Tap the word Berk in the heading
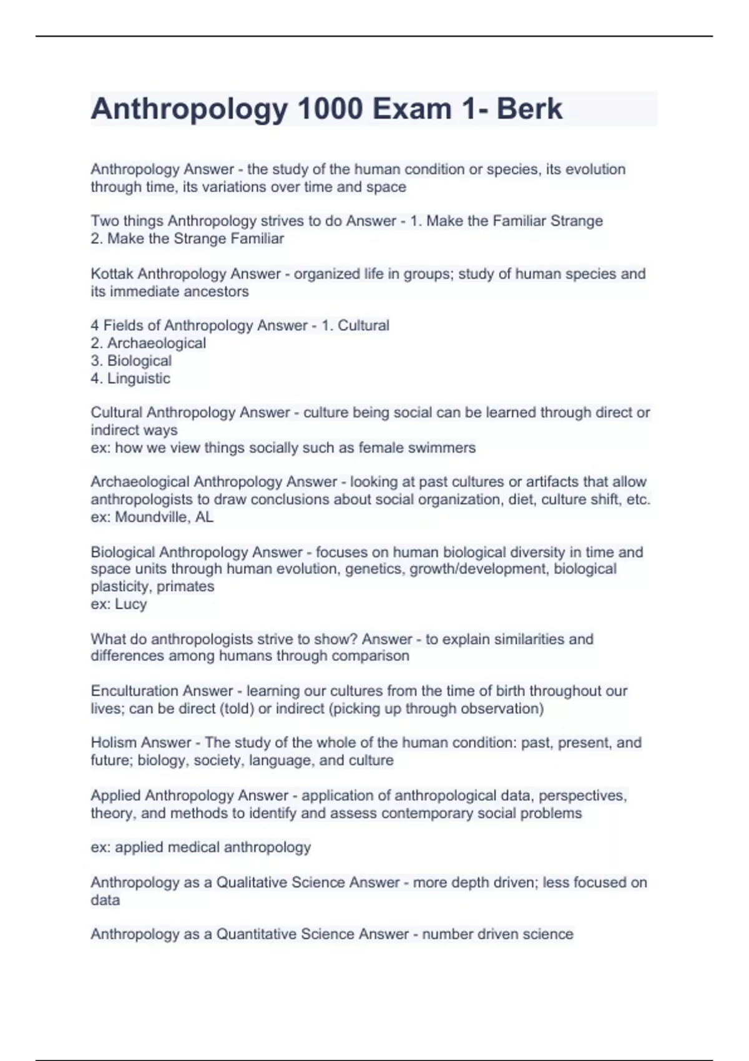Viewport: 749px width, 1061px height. pyautogui.click(x=529, y=109)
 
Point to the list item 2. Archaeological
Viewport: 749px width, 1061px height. pyautogui.click(x=149, y=343)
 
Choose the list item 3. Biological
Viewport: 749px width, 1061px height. pyautogui.click(x=131, y=361)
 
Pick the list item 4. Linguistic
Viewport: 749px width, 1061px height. pyautogui.click(x=130, y=378)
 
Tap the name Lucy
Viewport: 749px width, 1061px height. pyautogui.click(x=130, y=604)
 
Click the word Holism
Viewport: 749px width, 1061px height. pyautogui.click(x=114, y=743)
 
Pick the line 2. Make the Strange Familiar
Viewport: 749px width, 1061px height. pyautogui.click(x=187, y=239)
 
